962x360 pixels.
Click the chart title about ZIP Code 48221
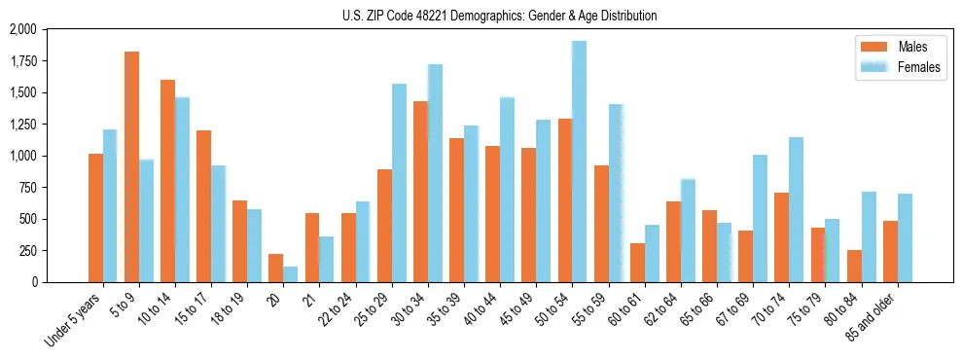pos(499,16)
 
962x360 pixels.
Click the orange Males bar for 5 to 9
pos(131,166)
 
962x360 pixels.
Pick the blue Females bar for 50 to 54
pos(579,162)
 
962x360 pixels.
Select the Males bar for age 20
pos(276,268)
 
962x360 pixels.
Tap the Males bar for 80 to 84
pos(854,266)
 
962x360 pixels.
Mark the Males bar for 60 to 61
pos(637,263)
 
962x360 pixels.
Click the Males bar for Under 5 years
pos(95,218)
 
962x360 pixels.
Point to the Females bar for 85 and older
pos(905,237)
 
